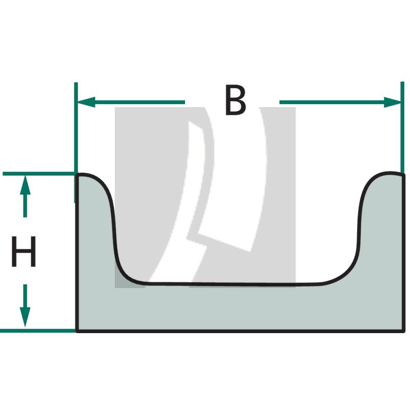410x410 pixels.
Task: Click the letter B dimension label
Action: coord(235,100)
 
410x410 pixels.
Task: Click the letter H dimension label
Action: coord(24,251)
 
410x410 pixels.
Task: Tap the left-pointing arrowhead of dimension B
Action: coord(86,102)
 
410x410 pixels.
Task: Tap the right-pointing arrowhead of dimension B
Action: coord(392,102)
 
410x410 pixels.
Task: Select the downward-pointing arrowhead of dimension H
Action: coord(25,317)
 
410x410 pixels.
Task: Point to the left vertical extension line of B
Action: coord(76,142)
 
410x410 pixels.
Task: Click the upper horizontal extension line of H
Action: coord(39,174)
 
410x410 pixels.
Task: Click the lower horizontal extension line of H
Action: coord(38,331)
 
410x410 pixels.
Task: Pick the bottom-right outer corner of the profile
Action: coord(403,331)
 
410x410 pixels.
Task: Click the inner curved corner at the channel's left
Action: coord(124,275)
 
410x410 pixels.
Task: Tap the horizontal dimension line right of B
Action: coord(340,102)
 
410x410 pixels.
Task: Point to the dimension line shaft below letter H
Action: coord(25,296)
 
